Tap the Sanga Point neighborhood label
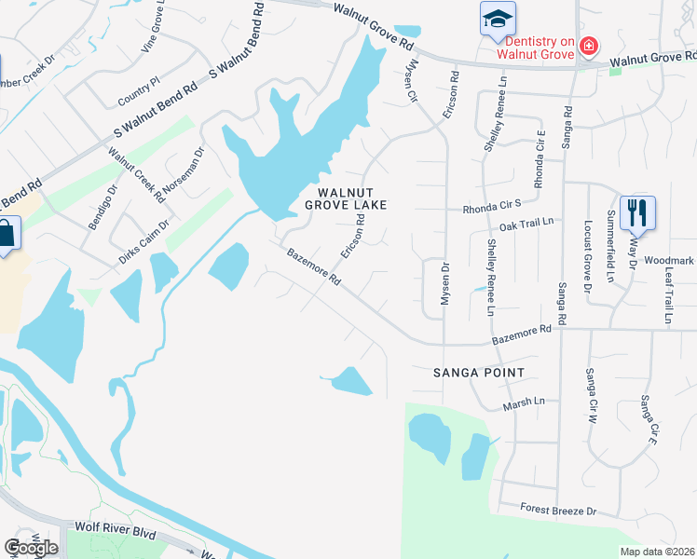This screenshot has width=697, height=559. tap(479, 373)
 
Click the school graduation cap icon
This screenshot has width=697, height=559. tap(497, 18)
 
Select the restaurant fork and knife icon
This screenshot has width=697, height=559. tap(637, 213)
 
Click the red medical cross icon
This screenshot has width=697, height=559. tap(588, 46)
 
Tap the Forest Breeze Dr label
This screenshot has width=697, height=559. tap(558, 511)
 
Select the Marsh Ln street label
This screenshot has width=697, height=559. tap(523, 402)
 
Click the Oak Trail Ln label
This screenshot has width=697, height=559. tap(526, 224)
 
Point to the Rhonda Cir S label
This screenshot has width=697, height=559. tap(491, 210)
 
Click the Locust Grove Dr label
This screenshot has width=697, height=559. tap(588, 256)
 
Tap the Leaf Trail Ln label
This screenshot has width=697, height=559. tap(669, 292)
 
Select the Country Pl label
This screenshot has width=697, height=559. tap(140, 96)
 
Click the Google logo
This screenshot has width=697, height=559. tap(31, 548)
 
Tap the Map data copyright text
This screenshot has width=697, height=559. tap(657, 552)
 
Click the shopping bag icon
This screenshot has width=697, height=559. tap(5, 234)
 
